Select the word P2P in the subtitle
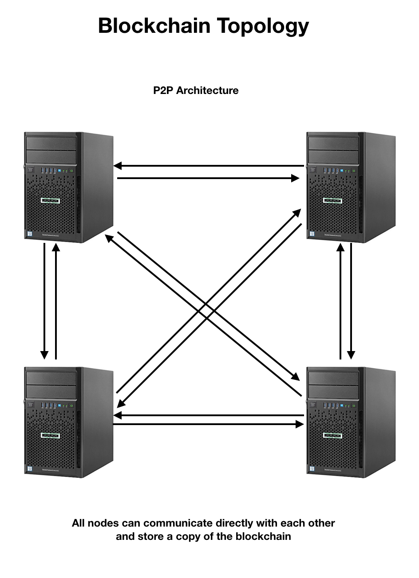(163, 90)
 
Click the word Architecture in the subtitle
(207, 90)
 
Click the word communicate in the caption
(178, 523)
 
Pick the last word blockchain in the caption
(263, 536)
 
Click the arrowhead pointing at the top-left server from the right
(117, 166)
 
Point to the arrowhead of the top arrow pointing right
(296, 178)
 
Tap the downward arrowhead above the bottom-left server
(44, 355)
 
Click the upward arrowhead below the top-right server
(340, 246)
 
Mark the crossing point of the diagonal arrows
(209, 310)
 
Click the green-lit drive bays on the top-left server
(51, 200)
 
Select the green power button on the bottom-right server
(354, 405)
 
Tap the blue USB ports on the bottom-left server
(48, 405)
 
